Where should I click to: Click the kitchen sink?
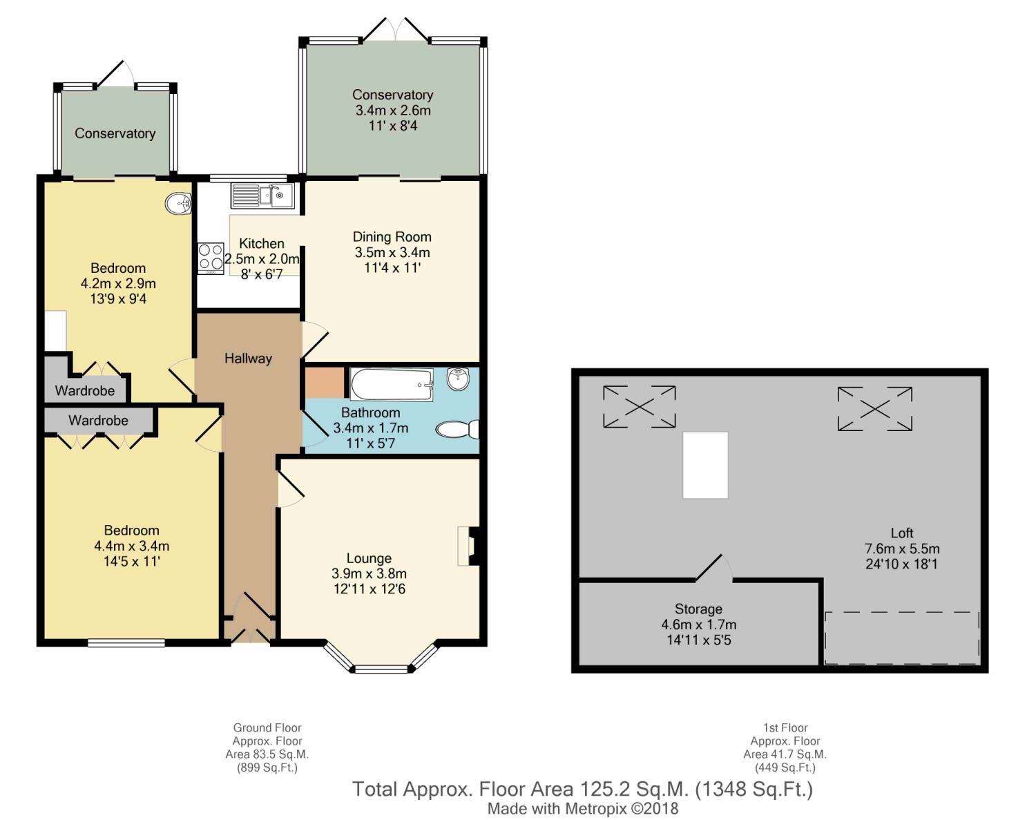click(x=262, y=196)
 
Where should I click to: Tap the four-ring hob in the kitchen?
click(x=211, y=258)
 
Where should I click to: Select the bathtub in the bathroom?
click(x=392, y=384)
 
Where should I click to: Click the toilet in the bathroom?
click(x=457, y=430)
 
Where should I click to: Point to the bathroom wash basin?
click(x=457, y=379)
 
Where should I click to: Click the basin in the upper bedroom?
click(x=178, y=203)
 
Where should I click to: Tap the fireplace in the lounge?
click(x=469, y=546)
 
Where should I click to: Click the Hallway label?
click(x=249, y=359)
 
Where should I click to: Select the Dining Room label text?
click(x=392, y=237)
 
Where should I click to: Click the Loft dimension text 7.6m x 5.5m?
click(x=902, y=549)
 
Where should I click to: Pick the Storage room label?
click(x=698, y=609)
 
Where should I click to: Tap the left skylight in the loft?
click(x=640, y=407)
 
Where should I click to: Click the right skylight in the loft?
click(x=874, y=409)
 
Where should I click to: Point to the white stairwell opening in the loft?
click(x=705, y=465)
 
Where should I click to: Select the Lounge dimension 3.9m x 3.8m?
click(x=370, y=573)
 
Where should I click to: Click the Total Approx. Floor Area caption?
click(x=582, y=789)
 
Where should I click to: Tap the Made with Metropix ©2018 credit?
click(x=583, y=808)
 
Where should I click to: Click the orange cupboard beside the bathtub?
click(x=325, y=383)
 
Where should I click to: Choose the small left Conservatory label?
click(x=115, y=133)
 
